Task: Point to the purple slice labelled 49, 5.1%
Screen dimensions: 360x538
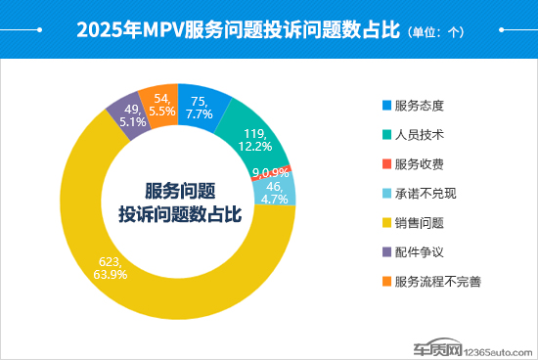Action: tap(123, 117)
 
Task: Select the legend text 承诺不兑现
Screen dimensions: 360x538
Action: tap(426, 193)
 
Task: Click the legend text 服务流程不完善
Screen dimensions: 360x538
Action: tap(437, 282)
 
